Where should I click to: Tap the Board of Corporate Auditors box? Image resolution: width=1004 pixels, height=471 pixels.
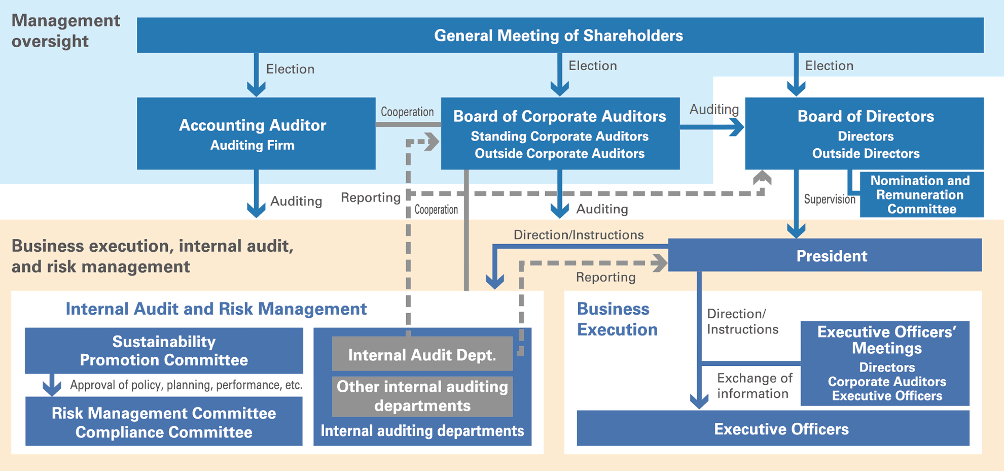pyautogui.click(x=560, y=133)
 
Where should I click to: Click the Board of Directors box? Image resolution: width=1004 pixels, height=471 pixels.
pyautogui.click(x=865, y=133)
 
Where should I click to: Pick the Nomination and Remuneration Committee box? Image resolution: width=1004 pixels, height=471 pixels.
pyautogui.click(x=921, y=194)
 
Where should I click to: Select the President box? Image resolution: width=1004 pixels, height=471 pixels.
pyautogui.click(x=831, y=255)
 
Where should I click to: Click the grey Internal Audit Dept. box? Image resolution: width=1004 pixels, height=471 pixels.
pyautogui.click(x=422, y=354)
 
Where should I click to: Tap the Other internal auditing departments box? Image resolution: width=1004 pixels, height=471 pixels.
pyautogui.click(x=422, y=396)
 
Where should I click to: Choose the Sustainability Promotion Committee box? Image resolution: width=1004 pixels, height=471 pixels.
pyautogui.click(x=164, y=350)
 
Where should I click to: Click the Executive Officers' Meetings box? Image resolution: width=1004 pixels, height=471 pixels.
pyautogui.click(x=885, y=363)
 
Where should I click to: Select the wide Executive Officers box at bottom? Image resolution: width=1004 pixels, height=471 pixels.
pyautogui.click(x=781, y=429)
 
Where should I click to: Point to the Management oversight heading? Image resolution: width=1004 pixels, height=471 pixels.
pyautogui.click(x=65, y=30)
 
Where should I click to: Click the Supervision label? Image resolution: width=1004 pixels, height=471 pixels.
pyautogui.click(x=829, y=199)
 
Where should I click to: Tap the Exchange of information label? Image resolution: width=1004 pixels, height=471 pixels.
pyautogui.click(x=754, y=386)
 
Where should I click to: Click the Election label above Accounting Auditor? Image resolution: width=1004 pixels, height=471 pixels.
pyautogui.click(x=290, y=69)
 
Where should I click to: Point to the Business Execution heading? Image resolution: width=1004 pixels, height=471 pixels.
pyautogui.click(x=617, y=319)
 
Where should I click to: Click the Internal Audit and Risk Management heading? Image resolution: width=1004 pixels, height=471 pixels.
pyautogui.click(x=216, y=309)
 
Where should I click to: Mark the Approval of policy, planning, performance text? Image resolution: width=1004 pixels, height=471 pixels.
pyautogui.click(x=186, y=385)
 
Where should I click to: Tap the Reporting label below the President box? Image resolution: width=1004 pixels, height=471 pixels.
pyautogui.click(x=605, y=277)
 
